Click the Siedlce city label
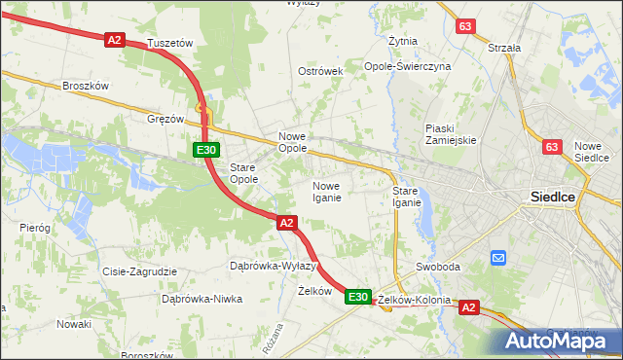554,196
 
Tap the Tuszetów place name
170,44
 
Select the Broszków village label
85,86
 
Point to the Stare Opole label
243,173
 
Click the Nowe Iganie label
326,192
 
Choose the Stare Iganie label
406,197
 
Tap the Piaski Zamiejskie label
451,134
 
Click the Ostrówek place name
321,72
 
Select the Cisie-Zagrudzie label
138,271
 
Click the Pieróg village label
35,227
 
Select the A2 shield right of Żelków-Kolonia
469,307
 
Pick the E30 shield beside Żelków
358,296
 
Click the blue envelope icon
498,258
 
